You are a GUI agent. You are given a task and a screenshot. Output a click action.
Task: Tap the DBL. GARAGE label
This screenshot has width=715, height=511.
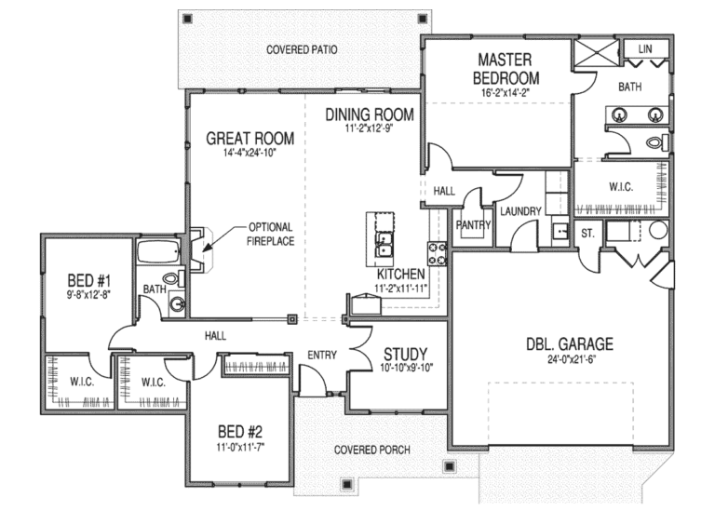click(x=569, y=343)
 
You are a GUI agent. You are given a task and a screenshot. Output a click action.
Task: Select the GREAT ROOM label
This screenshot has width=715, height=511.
click(x=250, y=139)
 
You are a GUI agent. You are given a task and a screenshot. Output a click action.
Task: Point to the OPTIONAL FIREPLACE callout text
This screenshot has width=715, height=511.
click(x=271, y=234)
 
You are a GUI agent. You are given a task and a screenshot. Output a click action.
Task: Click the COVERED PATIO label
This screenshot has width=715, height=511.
click(x=301, y=48)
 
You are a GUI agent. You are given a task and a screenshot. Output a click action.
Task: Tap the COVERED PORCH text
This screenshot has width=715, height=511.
click(x=372, y=450)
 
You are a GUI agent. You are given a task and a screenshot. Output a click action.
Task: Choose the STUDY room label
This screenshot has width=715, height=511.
click(x=406, y=354)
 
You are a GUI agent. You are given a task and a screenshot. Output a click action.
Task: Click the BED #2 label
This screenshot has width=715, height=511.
click(x=240, y=432)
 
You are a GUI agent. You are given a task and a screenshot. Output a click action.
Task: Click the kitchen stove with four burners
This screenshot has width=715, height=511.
click(x=436, y=251)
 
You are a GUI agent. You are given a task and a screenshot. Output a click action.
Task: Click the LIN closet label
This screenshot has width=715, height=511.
click(x=644, y=48)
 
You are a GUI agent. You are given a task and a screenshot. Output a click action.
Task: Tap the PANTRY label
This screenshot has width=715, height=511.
click(x=473, y=224)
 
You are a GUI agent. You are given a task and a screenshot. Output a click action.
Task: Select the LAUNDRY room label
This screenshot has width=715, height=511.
click(x=519, y=211)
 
